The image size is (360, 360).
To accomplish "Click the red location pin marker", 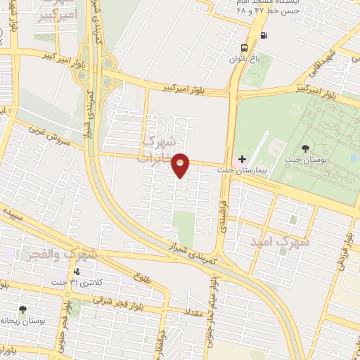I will point(181,165).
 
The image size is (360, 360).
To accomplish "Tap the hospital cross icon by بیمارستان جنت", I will point(242,160).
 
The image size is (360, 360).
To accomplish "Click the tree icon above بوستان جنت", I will point(304,148).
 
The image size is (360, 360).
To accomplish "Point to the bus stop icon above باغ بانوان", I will point(244,48).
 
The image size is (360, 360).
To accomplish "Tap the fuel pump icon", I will point(264,35).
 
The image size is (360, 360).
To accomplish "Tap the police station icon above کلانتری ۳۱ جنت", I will point(77,271).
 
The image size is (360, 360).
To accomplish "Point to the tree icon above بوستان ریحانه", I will point(23,309).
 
